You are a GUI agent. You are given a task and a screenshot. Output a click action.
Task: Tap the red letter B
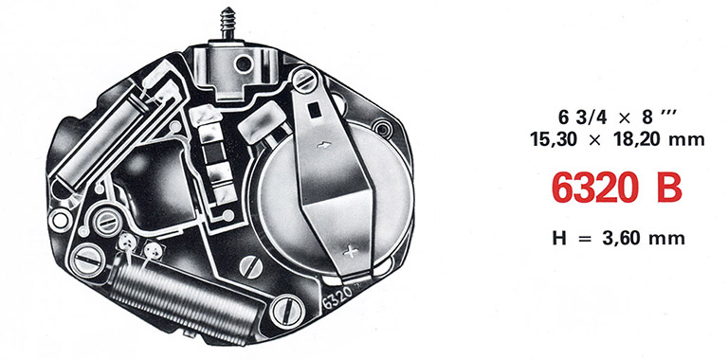click(x=669, y=189)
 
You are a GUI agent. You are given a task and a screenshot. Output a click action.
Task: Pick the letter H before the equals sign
click(x=559, y=238)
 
